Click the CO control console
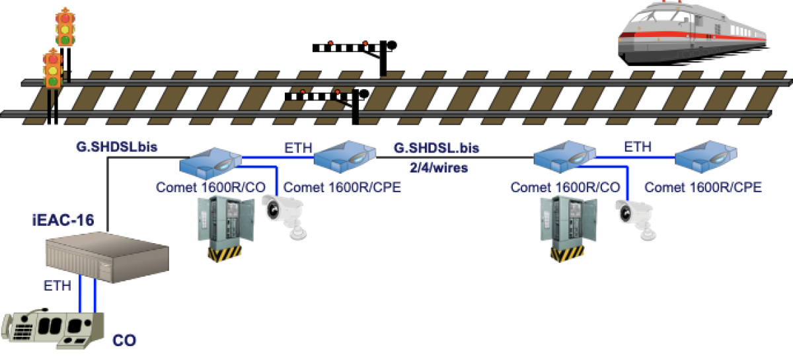(x=54, y=328)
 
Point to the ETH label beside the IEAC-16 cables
(x=57, y=286)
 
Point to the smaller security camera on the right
(x=636, y=215)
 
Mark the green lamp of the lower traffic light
(x=52, y=81)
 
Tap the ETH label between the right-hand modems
(x=638, y=147)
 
